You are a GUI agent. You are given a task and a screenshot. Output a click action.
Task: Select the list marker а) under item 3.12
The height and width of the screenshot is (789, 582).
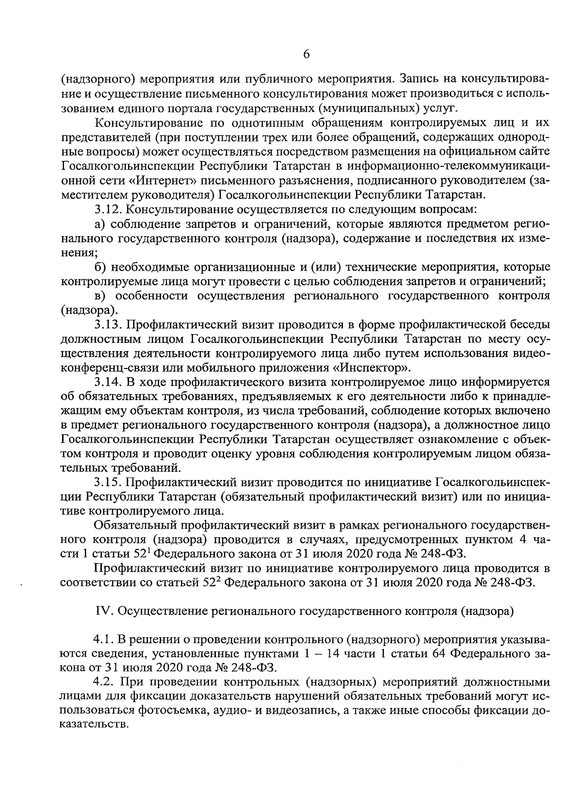pos(100,224)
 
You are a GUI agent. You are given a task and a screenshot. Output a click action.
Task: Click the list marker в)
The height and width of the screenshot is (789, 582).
pos(100,295)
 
